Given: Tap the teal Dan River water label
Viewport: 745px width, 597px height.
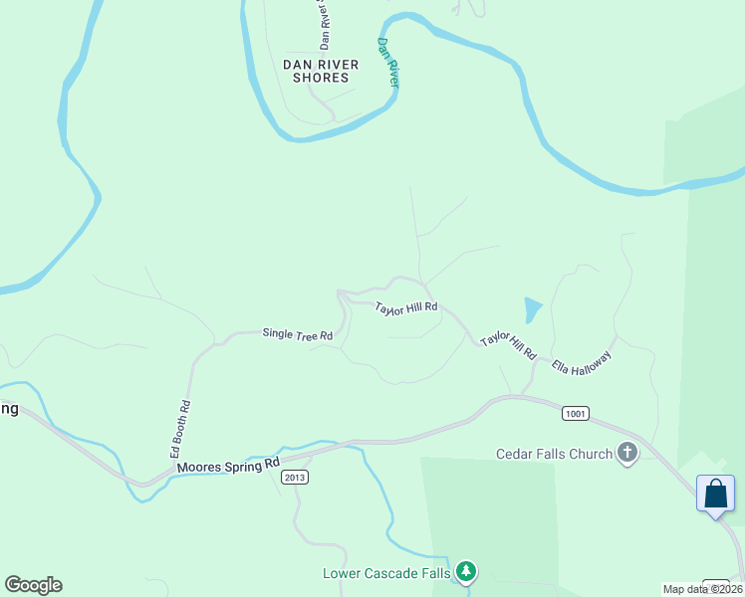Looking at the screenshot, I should [388, 63].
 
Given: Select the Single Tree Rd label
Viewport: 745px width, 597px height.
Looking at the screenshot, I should [297, 335].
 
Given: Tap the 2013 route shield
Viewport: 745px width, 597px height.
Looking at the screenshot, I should [294, 478].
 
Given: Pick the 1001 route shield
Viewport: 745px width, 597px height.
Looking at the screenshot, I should [575, 413].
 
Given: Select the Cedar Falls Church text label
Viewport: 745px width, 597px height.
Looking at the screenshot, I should [554, 455].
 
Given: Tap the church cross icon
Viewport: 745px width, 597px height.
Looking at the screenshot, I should [627, 454].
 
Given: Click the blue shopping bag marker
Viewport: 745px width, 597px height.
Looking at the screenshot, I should [716, 494].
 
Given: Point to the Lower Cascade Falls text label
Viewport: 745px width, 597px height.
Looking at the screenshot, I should [386, 573].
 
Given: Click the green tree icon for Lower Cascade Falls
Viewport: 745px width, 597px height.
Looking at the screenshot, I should [466, 572].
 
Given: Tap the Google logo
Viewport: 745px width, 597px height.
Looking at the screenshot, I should [33, 585].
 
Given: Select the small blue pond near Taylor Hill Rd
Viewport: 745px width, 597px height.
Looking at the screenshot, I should [533, 309].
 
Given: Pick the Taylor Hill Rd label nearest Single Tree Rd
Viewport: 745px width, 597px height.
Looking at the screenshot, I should [406, 308].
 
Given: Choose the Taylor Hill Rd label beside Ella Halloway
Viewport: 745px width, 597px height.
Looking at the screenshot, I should [508, 346].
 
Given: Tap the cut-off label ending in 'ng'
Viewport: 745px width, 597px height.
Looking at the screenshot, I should [9, 409].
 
